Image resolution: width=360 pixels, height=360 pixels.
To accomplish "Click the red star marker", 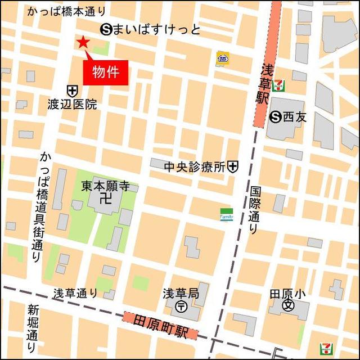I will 83,42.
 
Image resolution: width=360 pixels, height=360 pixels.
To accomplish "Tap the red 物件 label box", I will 106,73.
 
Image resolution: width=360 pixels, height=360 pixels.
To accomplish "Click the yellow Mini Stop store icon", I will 223,58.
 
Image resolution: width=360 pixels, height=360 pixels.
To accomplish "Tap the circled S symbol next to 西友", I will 276,117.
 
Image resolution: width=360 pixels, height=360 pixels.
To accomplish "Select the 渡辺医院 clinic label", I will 73,104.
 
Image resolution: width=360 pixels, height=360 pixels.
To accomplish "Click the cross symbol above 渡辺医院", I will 72,90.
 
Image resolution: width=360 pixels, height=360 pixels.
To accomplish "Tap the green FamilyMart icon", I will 226,214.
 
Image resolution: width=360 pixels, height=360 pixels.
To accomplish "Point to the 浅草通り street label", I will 75,293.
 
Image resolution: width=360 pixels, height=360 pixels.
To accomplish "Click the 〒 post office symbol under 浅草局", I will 182,307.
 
